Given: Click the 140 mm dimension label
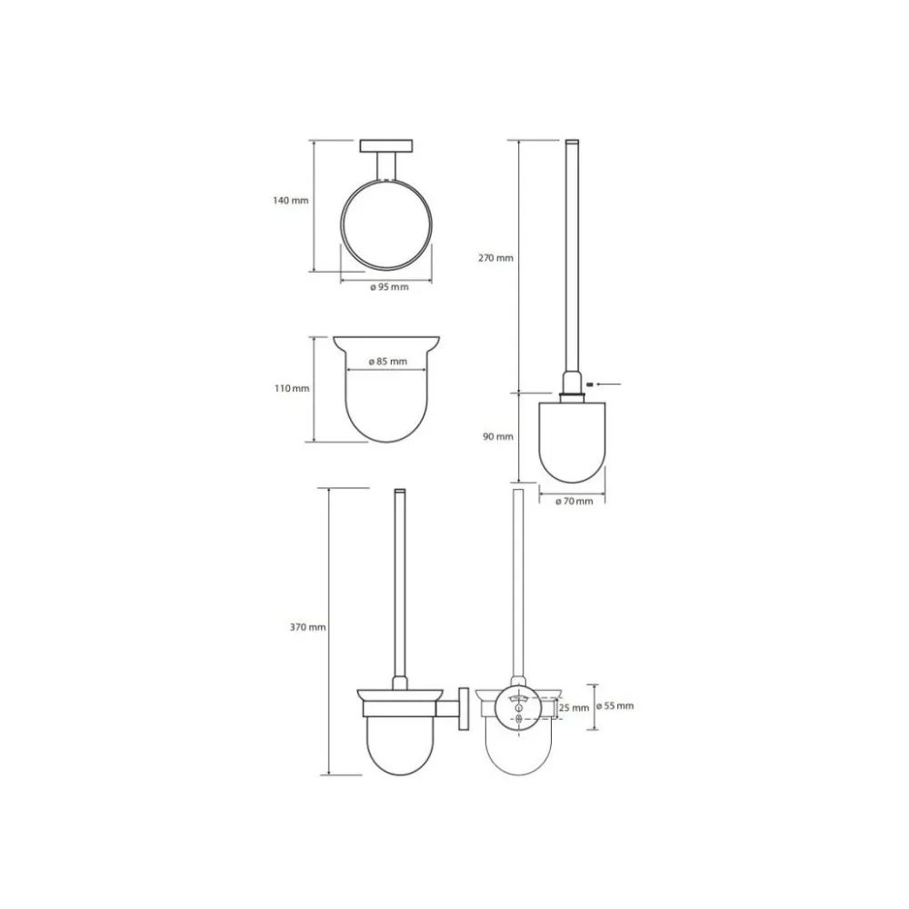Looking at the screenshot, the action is pos(291,201).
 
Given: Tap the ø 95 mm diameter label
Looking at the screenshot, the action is pos(390,287).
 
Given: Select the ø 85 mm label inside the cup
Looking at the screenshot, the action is pos(388,361).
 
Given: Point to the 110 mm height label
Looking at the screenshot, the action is pos(292,388).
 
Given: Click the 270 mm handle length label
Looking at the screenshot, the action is pos(495,258).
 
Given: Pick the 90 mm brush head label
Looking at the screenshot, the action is pos(498,436).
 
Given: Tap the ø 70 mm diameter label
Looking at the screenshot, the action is pos(574,502).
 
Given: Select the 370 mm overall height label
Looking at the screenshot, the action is pos(308,627).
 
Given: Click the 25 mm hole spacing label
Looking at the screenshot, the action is pos(574,708).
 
